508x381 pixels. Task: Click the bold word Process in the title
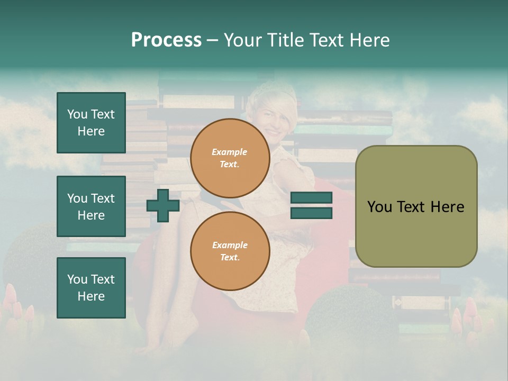166,40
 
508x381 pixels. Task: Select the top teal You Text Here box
91,123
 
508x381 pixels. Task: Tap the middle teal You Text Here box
91,206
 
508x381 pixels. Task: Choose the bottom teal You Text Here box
91,287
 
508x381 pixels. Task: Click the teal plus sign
163,205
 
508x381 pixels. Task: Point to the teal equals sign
311,205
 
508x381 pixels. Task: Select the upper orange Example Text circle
230,158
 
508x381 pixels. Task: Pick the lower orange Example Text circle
230,251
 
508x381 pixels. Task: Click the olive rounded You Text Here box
416,206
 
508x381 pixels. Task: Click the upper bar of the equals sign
311,198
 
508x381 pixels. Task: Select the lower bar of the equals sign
311,213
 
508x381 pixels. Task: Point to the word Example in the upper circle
230,152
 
